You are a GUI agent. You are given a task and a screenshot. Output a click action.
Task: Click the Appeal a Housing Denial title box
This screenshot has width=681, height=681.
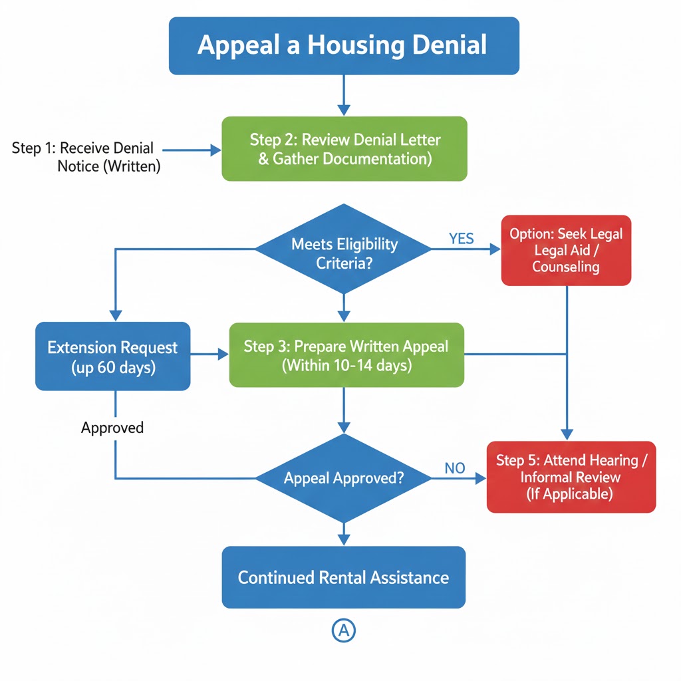coord(344,45)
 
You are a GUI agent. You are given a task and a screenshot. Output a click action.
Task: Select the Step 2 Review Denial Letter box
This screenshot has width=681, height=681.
coord(344,149)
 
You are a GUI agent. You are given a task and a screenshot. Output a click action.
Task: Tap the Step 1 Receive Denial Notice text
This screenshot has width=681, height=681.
coord(84,157)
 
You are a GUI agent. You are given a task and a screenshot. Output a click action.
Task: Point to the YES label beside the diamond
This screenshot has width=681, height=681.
coord(461,239)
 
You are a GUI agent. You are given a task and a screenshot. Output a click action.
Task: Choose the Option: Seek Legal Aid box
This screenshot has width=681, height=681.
coord(566,251)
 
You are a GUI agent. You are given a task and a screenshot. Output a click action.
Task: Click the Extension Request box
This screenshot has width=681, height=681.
coord(112,356)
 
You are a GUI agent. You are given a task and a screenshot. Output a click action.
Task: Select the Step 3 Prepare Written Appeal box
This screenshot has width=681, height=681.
coord(346,355)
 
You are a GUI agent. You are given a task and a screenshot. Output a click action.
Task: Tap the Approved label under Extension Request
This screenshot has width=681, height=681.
coord(112,428)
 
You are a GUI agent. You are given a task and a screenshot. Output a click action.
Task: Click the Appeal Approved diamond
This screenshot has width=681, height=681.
coord(343,477)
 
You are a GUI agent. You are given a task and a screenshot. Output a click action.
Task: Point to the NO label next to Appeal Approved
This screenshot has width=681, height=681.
coord(454,468)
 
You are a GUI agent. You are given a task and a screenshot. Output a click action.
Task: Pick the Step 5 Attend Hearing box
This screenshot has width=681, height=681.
coord(571,477)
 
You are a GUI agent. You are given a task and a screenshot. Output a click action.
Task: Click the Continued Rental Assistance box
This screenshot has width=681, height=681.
coord(343,577)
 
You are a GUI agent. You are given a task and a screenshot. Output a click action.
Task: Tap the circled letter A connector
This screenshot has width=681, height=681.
coord(343,631)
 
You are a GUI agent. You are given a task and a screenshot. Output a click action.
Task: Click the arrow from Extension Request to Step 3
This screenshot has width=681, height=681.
coord(209,355)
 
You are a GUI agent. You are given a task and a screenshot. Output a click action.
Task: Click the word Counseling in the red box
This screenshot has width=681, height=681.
coord(566,267)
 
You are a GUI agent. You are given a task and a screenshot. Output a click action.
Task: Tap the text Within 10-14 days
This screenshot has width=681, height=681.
coord(346,365)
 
